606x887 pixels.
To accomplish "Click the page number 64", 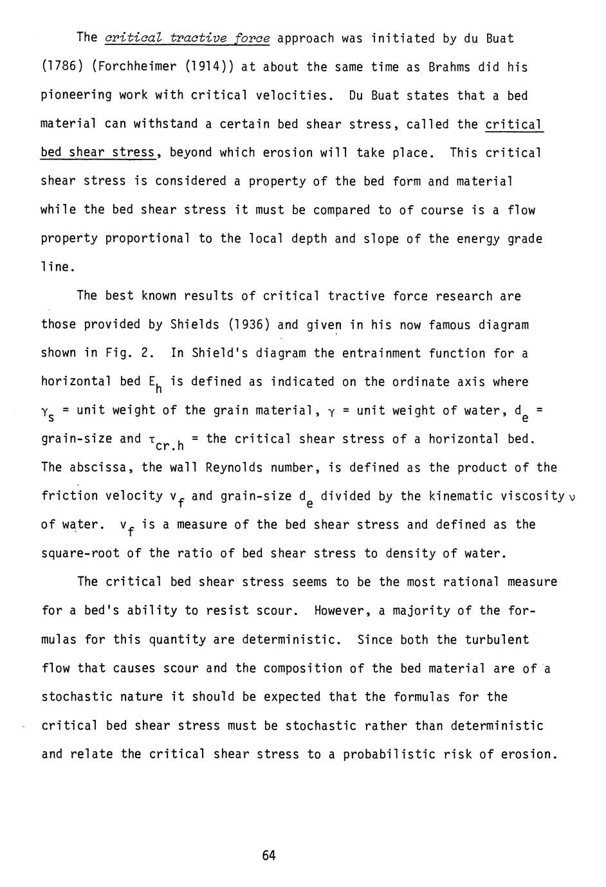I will [269, 855].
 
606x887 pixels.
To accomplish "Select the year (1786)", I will [62, 68].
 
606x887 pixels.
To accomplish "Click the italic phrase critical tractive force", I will [187, 39].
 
